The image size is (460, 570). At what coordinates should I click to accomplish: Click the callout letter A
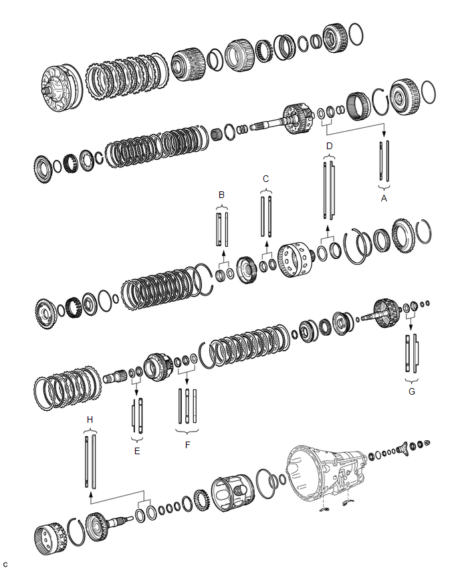point(383,198)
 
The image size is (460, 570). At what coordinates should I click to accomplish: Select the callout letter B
point(222,195)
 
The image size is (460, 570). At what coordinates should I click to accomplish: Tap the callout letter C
point(265,179)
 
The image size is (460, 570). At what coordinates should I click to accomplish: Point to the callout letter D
point(328,146)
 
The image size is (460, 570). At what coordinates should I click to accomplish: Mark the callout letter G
point(411,391)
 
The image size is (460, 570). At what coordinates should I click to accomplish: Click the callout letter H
point(90,419)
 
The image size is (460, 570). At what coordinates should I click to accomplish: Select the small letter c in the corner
point(5,564)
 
